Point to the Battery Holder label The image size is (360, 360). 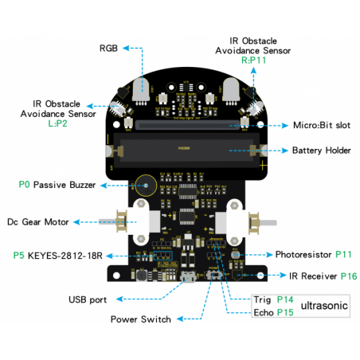click(322, 151)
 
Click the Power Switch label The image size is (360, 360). click(141, 319)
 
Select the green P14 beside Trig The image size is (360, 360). click(285, 299)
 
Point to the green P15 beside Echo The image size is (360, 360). click(285, 312)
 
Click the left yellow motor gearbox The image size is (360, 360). click(117, 221)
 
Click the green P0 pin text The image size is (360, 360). click(24, 184)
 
